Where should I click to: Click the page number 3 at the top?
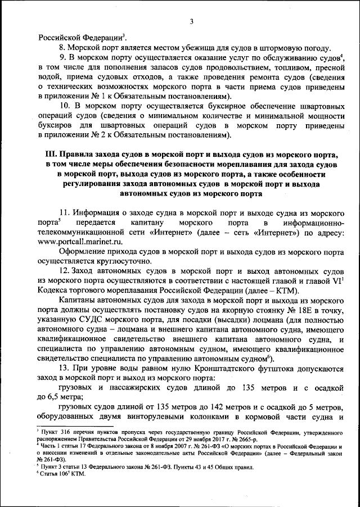point(191,22)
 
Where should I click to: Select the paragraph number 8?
point(62,47)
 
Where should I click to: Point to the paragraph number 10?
point(65,105)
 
